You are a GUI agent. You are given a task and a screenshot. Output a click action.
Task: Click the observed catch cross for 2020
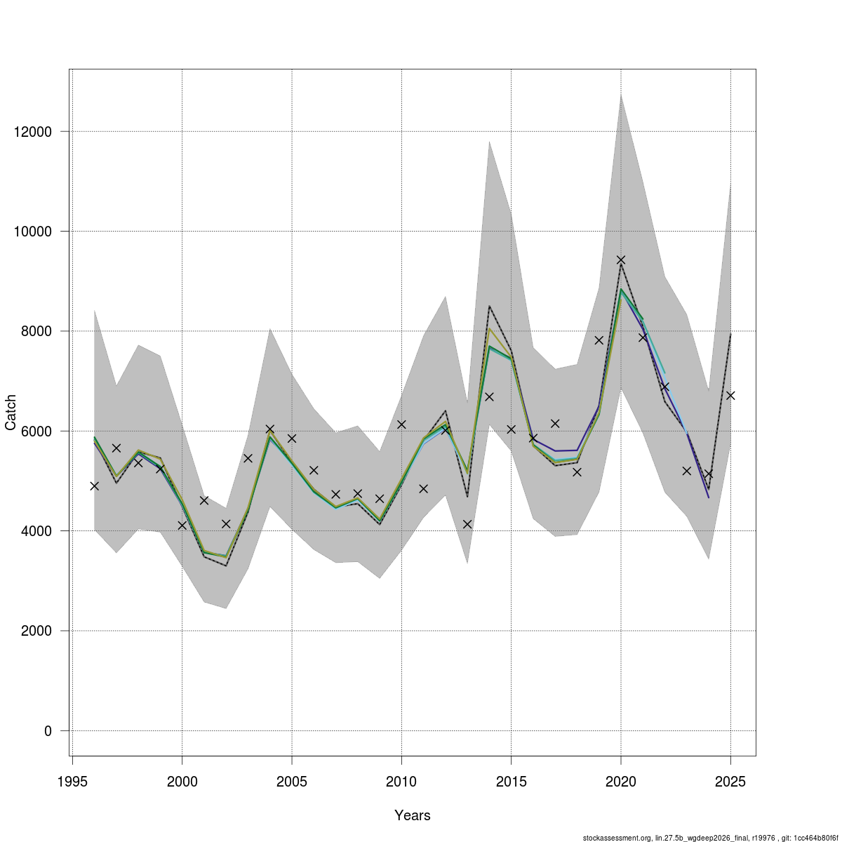pos(620,260)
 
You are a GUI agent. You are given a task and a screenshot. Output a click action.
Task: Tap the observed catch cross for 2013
pos(467,524)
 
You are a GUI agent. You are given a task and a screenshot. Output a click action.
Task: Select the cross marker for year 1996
pos(95,486)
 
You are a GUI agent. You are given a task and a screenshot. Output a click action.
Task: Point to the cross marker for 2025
pos(730,396)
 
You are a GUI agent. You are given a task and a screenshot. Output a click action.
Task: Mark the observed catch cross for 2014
pos(489,396)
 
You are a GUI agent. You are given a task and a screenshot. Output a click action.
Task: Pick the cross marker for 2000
pos(182,526)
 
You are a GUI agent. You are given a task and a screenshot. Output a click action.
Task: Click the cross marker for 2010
pos(401,425)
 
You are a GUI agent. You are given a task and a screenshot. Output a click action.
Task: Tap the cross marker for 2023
pos(686,471)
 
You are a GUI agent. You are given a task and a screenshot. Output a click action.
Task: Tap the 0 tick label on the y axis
pos(48,731)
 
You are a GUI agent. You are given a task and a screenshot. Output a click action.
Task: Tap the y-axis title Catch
pos(11,413)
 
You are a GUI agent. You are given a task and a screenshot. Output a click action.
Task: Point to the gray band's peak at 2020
pos(620,95)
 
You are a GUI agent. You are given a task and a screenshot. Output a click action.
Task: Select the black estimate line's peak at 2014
pos(489,306)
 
